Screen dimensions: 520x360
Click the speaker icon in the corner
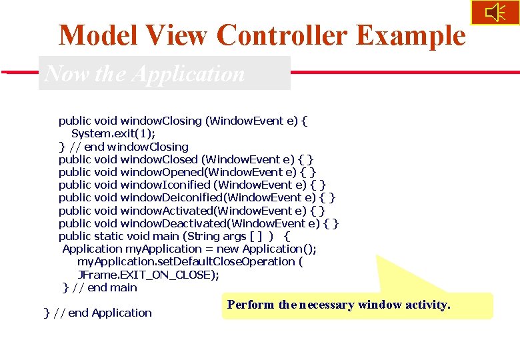tap(495, 13)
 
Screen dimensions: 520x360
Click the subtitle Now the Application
tap(145, 73)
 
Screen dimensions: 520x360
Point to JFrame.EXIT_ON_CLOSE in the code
tap(147, 275)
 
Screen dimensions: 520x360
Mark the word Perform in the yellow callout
tap(251, 305)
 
